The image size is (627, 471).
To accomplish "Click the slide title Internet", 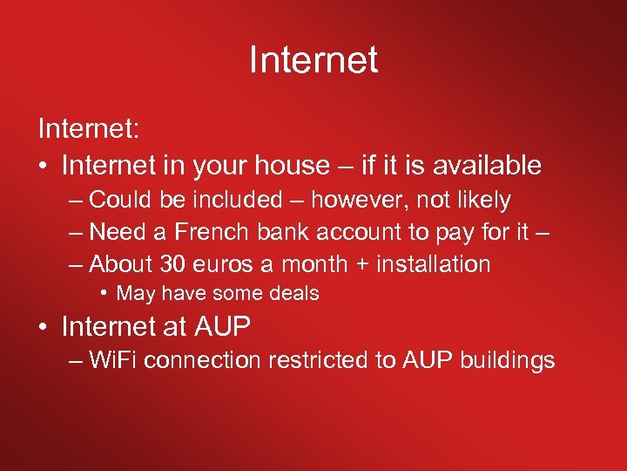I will coord(313,60).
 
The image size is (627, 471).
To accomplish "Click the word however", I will coord(360,200).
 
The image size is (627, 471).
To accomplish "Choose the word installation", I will coord(429,264).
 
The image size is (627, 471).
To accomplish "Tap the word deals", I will coord(293,294).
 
